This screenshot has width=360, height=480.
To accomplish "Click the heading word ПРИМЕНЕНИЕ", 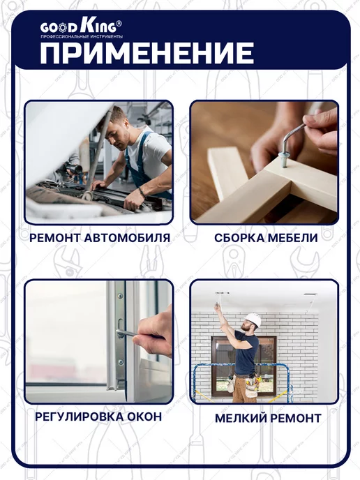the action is (x=147, y=53).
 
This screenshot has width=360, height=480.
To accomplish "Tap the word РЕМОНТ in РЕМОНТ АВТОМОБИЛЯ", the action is (x=54, y=238).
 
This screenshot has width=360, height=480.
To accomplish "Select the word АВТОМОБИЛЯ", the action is (x=127, y=238).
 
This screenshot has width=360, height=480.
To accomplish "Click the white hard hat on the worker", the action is (x=254, y=320).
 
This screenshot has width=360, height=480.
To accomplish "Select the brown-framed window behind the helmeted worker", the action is (x=244, y=363).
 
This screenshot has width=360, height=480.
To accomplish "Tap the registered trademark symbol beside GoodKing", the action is (x=119, y=23).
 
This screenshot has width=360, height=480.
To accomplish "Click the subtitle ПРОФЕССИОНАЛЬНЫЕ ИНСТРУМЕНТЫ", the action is (x=82, y=36).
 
